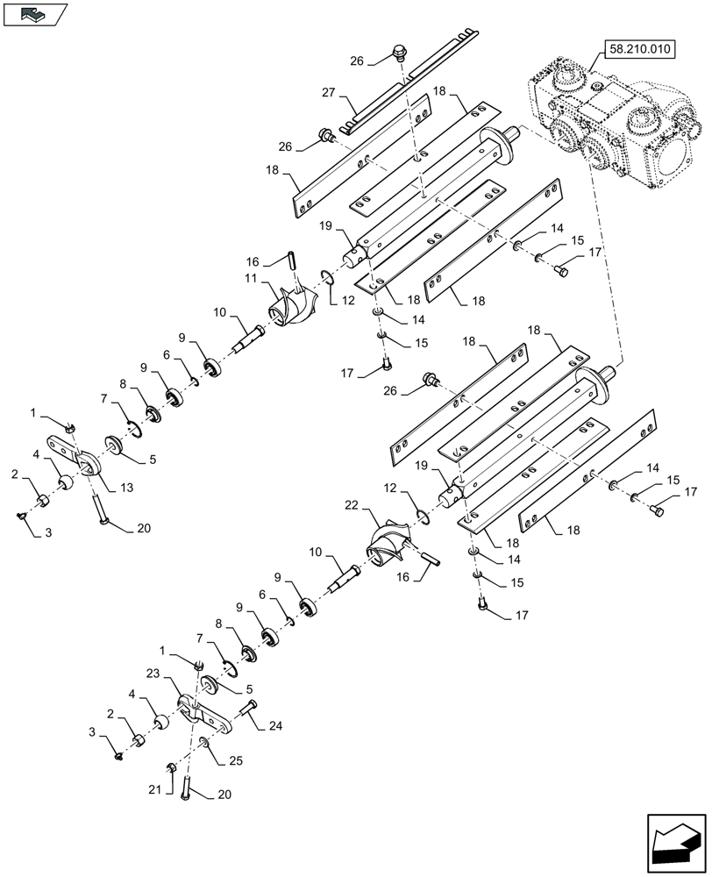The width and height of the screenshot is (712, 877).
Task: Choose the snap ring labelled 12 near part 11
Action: [327, 279]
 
